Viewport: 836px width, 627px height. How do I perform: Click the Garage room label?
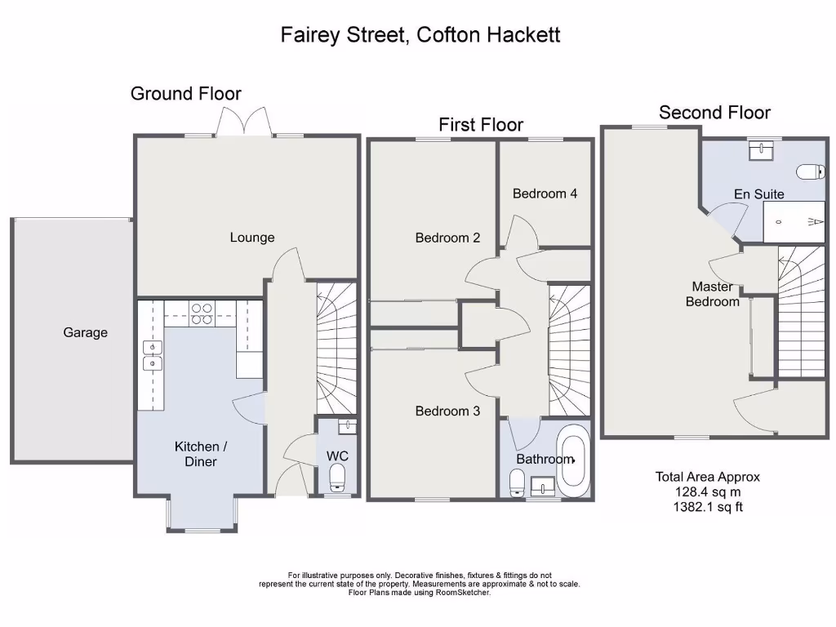coord(86,332)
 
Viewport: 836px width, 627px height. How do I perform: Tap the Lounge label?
coord(252,238)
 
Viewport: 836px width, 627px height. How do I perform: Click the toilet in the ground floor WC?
coord(338,478)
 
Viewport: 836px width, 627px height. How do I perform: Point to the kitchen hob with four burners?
coord(201,314)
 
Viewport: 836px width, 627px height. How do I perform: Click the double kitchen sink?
coord(151,355)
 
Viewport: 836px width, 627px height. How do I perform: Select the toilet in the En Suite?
coord(811,172)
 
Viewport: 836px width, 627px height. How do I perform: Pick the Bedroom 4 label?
coord(545,193)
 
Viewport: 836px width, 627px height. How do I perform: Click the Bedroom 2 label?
coord(447,238)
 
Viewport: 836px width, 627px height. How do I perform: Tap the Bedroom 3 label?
coord(447,411)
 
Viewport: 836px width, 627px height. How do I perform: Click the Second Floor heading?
coord(714,113)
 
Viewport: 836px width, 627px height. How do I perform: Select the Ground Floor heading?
coord(186,94)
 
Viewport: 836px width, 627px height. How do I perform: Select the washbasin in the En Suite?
coord(762,149)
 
